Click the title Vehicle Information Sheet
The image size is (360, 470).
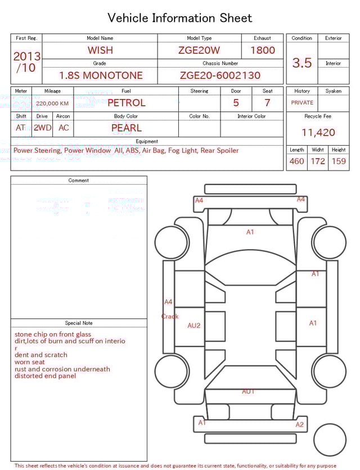[x=180, y=18]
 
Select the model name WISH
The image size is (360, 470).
[x=100, y=50]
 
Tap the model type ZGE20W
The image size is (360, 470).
[x=199, y=50]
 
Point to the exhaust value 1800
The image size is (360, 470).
[x=263, y=50]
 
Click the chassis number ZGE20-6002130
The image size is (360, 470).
[x=220, y=75]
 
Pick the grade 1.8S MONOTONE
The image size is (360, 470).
[x=101, y=75]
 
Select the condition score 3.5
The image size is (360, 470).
[x=302, y=63]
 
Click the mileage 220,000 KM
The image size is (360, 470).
[x=52, y=104]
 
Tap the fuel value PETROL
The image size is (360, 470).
[x=127, y=103]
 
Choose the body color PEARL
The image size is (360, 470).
[x=127, y=128]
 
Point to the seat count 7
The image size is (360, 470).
[x=267, y=103]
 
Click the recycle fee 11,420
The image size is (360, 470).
[x=318, y=133]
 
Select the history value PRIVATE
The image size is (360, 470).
[x=302, y=103]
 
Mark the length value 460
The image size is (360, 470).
[x=296, y=162]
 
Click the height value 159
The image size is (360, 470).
[x=339, y=162]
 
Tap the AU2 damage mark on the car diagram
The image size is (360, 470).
[x=194, y=325]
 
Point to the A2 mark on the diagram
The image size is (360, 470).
[x=300, y=425]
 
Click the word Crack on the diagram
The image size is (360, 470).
[x=170, y=316]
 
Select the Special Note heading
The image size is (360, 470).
[x=79, y=323]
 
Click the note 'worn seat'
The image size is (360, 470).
[x=30, y=362]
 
